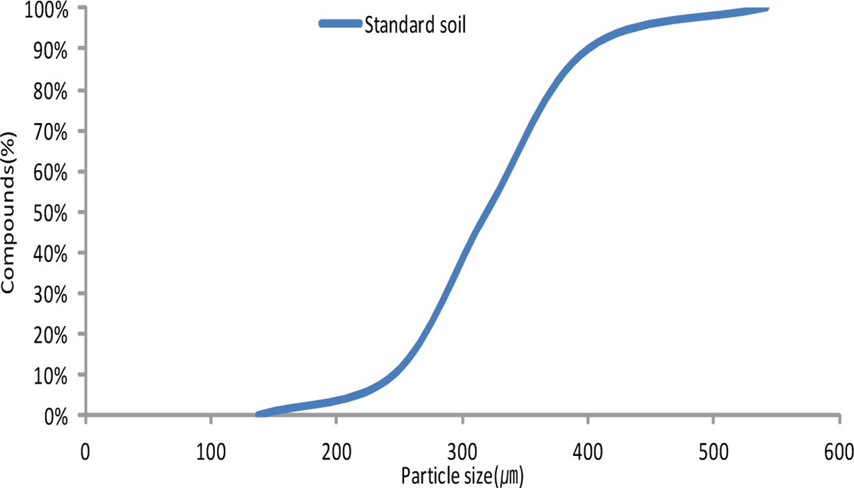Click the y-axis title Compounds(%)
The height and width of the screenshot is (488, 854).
(x=9, y=211)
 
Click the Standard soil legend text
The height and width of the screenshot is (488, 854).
(x=415, y=26)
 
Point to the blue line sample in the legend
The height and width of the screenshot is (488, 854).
(x=341, y=24)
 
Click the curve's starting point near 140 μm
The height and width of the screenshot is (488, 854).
(x=259, y=414)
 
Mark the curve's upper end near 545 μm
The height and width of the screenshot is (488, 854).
(x=766, y=8)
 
